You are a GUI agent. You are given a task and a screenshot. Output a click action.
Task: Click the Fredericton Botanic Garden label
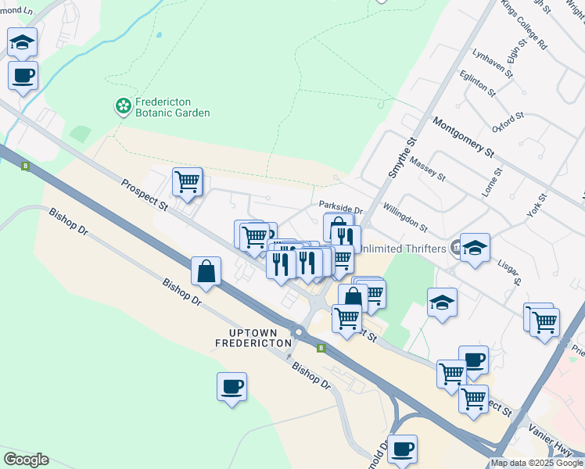point(173,107)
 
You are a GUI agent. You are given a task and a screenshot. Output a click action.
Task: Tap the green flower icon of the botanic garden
point(123,106)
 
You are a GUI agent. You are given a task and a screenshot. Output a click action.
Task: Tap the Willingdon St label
point(405,219)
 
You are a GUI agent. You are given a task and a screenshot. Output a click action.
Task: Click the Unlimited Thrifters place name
point(402,249)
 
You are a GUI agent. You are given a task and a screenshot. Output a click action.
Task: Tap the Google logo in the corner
point(26,460)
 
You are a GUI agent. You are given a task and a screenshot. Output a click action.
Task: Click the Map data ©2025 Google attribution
point(537,463)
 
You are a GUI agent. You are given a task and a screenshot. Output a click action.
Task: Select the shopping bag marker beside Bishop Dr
point(206,271)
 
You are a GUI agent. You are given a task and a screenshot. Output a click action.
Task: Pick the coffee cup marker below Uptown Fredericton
point(232,385)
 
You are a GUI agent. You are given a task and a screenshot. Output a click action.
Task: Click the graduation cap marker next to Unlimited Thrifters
point(474,247)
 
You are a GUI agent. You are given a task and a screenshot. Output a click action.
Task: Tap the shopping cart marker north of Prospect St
point(187,182)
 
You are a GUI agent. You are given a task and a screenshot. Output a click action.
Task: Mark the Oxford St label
point(508,124)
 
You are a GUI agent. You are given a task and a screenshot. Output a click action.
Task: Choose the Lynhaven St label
point(493,64)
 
